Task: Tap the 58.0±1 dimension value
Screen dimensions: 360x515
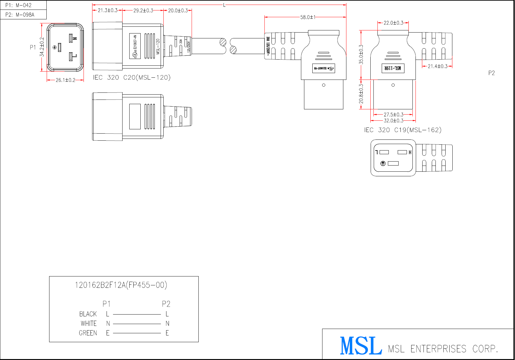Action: click(308, 17)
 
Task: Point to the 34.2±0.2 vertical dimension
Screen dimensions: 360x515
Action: click(42, 47)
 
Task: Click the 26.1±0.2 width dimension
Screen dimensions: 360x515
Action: click(65, 80)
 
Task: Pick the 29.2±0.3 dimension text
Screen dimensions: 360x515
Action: click(143, 10)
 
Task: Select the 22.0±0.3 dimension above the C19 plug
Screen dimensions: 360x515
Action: click(393, 23)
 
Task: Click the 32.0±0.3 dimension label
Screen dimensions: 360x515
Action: click(393, 121)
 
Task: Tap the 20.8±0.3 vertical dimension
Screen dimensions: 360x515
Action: click(361, 94)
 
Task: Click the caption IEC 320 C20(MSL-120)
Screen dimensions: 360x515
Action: click(132, 77)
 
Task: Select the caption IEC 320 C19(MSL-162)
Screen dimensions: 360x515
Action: click(403, 130)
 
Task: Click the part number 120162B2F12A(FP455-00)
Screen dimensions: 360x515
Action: click(121, 285)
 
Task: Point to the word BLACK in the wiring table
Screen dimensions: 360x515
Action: click(88, 314)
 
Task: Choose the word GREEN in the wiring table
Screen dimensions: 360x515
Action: click(88, 333)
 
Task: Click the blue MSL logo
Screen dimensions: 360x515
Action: click(361, 346)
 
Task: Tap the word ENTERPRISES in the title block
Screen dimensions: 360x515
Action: click(438, 349)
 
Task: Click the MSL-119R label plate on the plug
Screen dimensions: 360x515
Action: click(393, 68)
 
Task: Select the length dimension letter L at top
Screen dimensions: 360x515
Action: click(224, 5)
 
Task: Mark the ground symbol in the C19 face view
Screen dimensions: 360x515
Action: click(383, 163)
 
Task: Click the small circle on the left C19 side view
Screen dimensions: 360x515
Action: click(324, 85)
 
